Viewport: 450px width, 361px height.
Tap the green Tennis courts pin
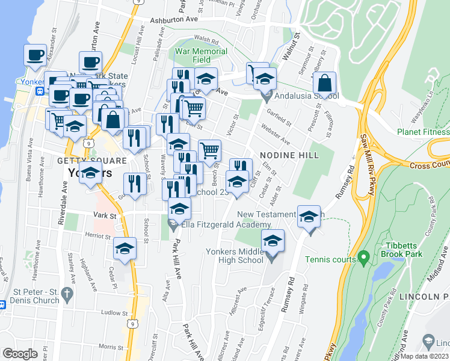tap(363, 258)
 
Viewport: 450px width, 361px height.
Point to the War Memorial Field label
tap(201, 55)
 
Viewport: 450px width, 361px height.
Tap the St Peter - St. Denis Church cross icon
tap(67, 294)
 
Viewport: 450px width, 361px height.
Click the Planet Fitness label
tap(424, 132)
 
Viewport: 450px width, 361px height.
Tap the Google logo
tap(20, 354)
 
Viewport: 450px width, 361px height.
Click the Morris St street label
tap(112, 347)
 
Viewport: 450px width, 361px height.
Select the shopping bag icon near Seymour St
tap(325, 84)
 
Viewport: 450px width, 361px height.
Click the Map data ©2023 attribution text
tap(425, 356)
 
